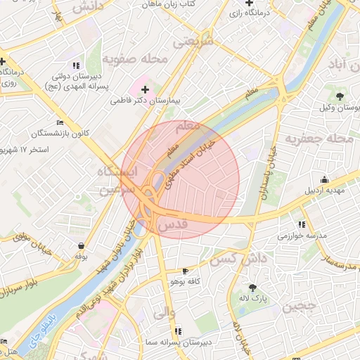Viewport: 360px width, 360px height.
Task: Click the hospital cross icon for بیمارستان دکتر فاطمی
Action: [x=146, y=89]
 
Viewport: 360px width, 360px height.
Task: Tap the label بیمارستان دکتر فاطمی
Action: [x=146, y=101]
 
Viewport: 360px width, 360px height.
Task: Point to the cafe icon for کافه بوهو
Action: [x=185, y=271]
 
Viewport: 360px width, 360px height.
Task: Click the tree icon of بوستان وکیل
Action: [x=340, y=96]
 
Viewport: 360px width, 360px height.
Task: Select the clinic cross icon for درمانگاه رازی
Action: [x=249, y=4]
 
